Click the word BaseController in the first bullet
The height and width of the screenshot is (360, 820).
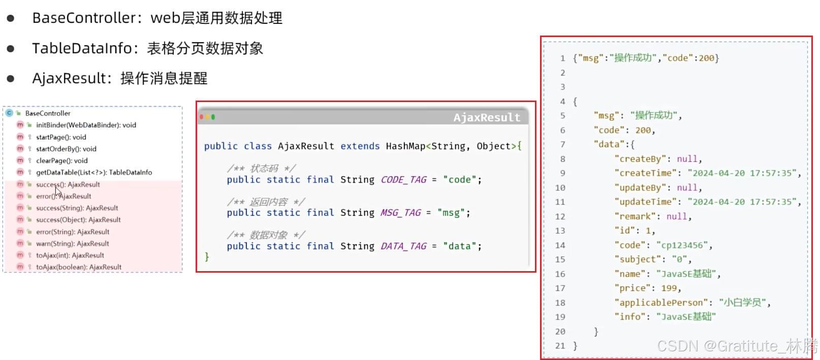84,18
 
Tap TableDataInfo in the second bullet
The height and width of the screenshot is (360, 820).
82,49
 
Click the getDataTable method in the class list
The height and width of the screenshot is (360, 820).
94,173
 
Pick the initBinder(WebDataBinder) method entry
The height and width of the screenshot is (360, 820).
86,125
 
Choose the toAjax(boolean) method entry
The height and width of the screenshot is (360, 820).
79,267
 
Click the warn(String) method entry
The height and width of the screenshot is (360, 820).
73,244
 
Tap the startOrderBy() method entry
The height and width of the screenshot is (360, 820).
66,149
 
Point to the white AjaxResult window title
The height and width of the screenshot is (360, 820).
487,118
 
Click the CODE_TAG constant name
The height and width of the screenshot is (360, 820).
403,180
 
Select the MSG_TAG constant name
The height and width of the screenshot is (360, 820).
400,213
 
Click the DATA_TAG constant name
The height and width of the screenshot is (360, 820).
403,246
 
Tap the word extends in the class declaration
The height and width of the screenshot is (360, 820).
360,146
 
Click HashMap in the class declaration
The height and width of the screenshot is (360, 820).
405,146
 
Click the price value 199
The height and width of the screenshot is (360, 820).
669,288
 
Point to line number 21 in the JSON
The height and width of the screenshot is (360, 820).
560,346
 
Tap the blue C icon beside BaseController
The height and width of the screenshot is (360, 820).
9,113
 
